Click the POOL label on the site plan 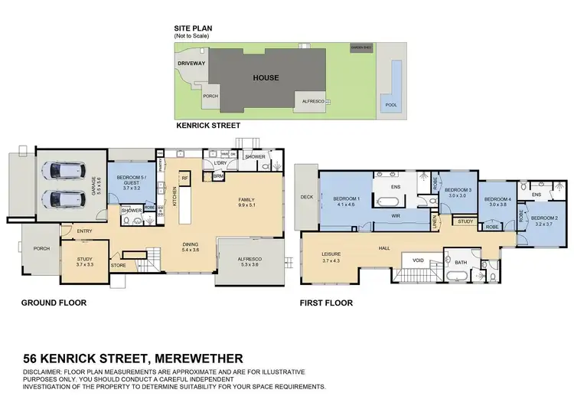(x=390, y=105)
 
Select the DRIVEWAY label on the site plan (x=191, y=64)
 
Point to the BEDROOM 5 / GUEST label (x=132, y=182)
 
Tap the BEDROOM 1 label (x=347, y=201)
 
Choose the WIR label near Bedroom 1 (x=396, y=216)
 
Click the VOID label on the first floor (x=418, y=260)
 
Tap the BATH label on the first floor (x=461, y=263)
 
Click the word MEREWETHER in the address (x=199, y=358)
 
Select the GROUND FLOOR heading (x=54, y=303)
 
